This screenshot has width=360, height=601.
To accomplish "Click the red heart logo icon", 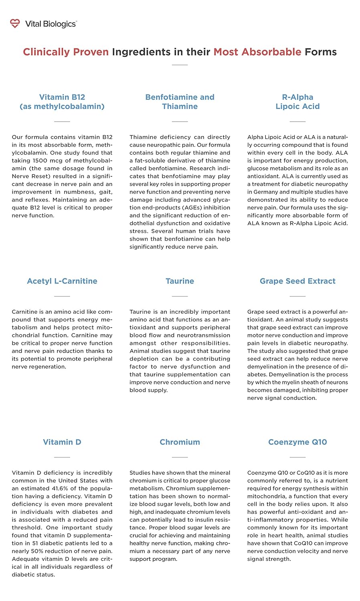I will (15, 24).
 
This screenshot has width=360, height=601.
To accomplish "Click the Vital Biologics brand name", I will (51, 24).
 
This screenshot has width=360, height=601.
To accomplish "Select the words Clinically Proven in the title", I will (66, 52).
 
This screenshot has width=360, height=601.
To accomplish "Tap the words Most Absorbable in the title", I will (257, 52).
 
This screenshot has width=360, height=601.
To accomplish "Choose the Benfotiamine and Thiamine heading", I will (180, 102).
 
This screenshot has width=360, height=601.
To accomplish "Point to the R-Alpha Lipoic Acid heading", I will (297, 102).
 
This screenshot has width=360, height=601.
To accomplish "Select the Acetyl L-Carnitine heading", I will (62, 281).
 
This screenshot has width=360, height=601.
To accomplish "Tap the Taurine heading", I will (180, 281).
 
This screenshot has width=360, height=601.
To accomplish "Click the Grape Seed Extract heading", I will (297, 281).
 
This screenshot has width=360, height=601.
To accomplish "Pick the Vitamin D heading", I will (62, 442).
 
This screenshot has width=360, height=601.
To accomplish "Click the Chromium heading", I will (180, 442).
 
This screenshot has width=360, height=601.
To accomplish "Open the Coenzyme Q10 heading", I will (297, 442).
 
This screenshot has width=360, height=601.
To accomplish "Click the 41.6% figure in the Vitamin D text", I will (59, 488).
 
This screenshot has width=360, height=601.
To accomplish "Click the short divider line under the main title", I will (180, 65).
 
